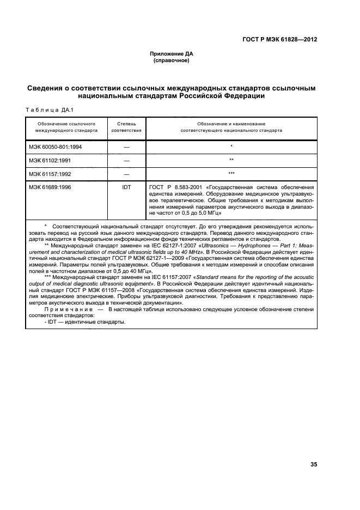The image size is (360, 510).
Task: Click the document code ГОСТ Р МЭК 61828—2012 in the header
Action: (x=280, y=40)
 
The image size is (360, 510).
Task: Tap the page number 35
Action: (x=313, y=464)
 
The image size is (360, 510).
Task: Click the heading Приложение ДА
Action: (x=172, y=54)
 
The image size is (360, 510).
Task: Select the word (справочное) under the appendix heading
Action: (x=172, y=60)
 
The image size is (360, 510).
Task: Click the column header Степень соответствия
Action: (x=126, y=127)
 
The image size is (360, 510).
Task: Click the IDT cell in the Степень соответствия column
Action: (x=126, y=187)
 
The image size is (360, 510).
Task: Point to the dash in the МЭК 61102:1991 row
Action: (x=126, y=160)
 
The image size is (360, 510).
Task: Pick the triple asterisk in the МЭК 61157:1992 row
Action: (x=231, y=173)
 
